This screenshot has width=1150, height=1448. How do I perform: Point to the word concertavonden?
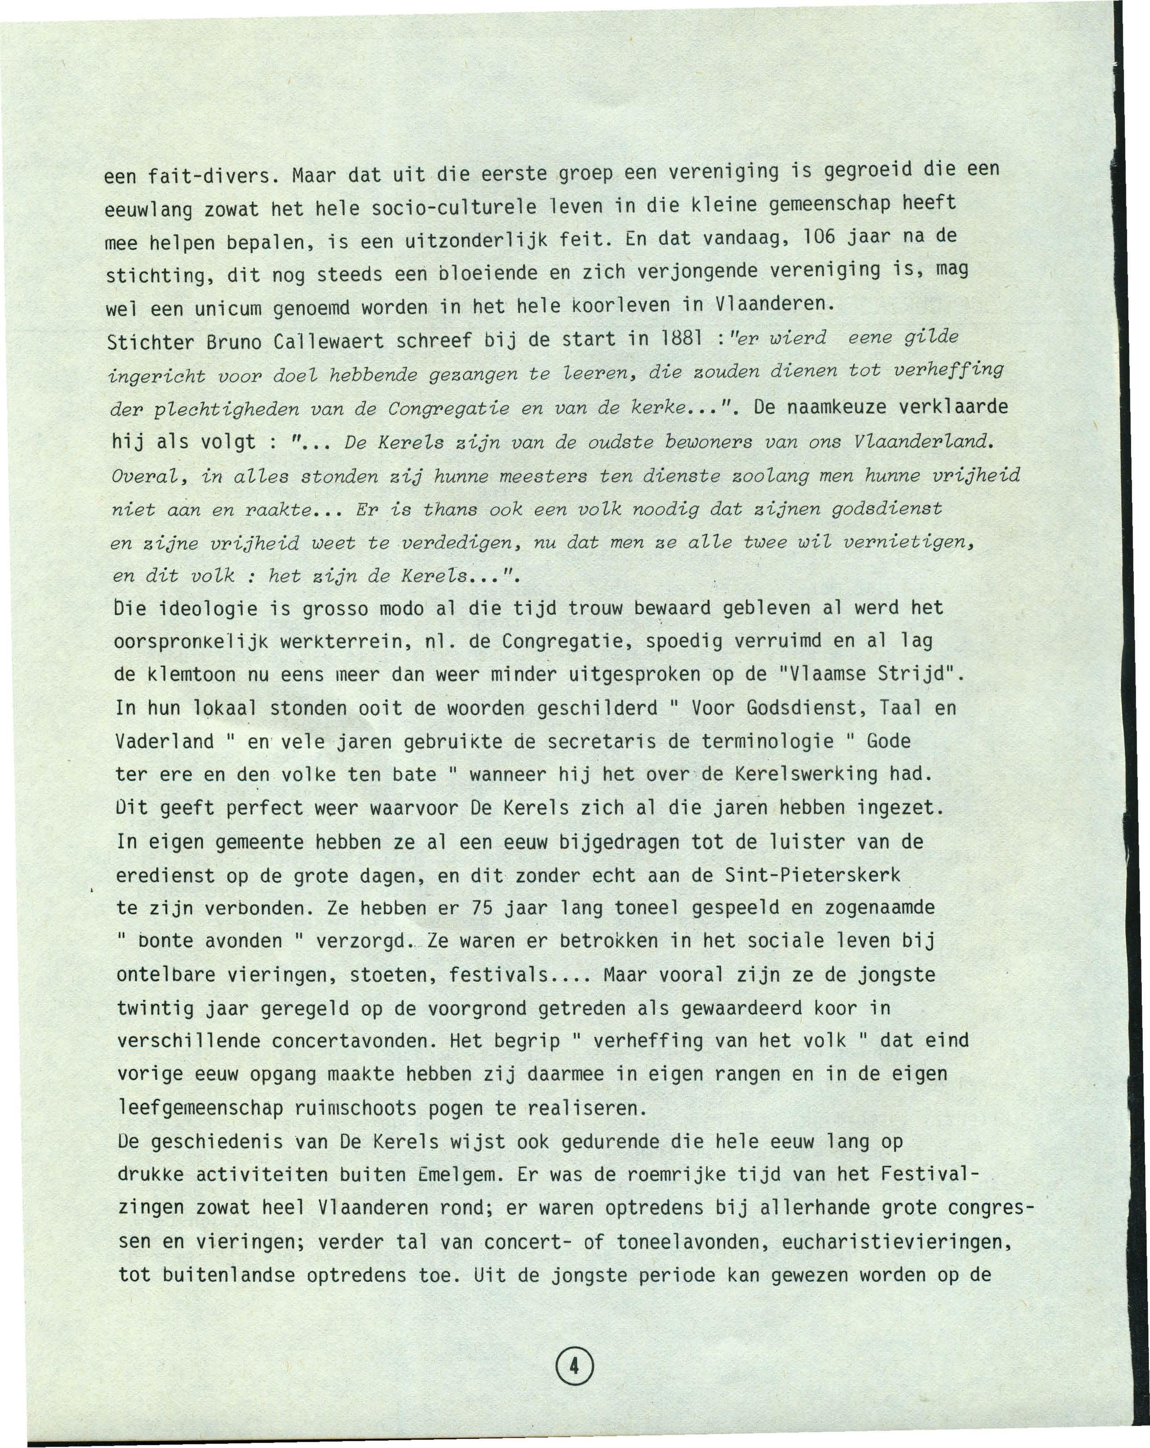(x=349, y=1041)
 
